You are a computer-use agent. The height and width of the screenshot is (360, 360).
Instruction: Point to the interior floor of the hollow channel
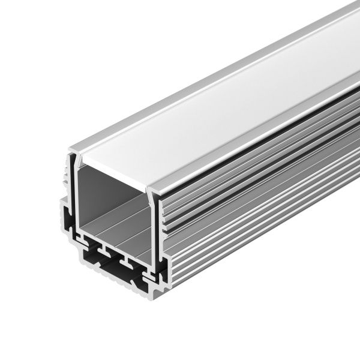pyautogui.click(x=120, y=231)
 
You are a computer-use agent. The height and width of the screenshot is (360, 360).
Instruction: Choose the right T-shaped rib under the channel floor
pyautogui.click(x=127, y=260)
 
